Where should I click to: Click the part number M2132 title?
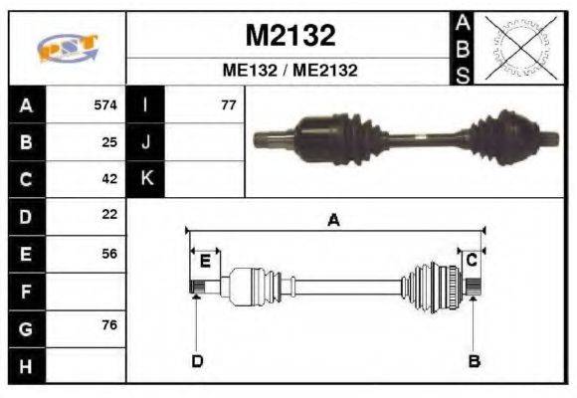click(x=289, y=36)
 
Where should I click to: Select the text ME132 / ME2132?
click(x=289, y=71)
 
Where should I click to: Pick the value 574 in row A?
click(x=104, y=104)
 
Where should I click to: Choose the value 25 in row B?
click(x=109, y=141)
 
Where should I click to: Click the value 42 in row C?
click(x=109, y=179)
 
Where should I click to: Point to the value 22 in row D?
click(x=109, y=215)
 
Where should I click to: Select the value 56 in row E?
click(x=109, y=254)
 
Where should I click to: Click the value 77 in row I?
click(x=228, y=104)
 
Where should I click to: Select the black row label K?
click(x=146, y=179)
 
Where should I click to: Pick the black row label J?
click(x=146, y=141)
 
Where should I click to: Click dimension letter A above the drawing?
click(x=334, y=221)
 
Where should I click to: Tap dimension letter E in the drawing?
click(x=205, y=262)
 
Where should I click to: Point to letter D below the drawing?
click(x=197, y=361)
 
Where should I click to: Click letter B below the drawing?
click(x=475, y=361)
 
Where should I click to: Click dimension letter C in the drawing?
click(x=472, y=260)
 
